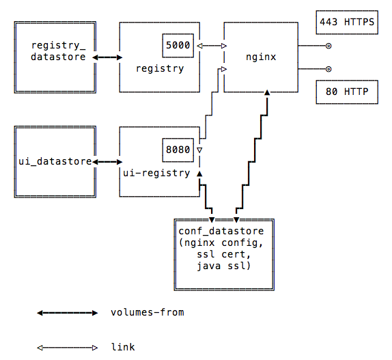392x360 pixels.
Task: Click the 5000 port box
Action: tap(178, 46)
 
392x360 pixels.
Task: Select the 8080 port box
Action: tap(178, 150)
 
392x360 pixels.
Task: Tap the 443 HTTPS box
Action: tap(347, 23)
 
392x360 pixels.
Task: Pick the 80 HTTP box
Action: tap(347, 92)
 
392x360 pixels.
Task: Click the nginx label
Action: tap(261, 57)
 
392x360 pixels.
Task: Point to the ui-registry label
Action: tap(156, 173)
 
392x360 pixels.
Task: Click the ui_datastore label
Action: tap(55, 161)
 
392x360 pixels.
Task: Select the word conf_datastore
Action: tap(221, 232)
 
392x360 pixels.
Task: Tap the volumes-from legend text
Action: tap(148, 312)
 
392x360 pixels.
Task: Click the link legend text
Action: tap(123, 347)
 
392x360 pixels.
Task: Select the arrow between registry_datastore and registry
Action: tap(107, 57)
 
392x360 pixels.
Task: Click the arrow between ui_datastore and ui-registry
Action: tap(107, 162)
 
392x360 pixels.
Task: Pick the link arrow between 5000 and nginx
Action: tap(212, 46)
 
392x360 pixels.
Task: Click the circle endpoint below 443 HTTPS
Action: tap(328, 46)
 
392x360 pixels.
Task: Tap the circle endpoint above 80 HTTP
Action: tap(328, 69)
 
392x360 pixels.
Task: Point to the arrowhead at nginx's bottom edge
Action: tap(267, 92)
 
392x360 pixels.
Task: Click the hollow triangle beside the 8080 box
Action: tap(199, 150)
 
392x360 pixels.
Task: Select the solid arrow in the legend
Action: tap(67, 313)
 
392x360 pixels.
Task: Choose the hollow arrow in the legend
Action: tap(67, 348)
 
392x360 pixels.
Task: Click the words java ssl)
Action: tap(223, 266)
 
